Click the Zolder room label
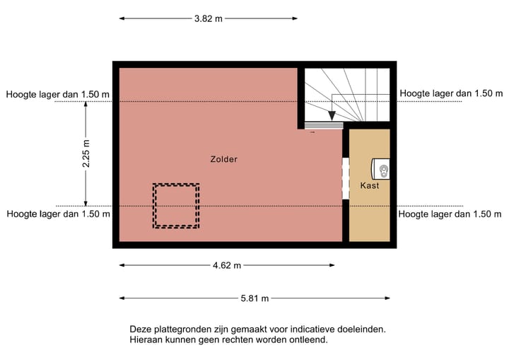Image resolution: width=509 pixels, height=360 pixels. tap(223, 159)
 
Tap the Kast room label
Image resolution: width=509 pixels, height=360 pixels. tap(369, 186)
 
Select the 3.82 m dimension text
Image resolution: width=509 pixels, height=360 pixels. tap(208, 19)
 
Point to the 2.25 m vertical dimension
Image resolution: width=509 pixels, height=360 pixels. tap(86, 153)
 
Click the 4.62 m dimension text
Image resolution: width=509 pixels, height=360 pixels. tap(227, 265)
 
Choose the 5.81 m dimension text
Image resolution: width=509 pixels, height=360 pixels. tap(255, 298)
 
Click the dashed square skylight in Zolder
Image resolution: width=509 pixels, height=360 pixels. tap(176, 205)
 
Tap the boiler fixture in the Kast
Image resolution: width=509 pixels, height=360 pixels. tap(382, 169)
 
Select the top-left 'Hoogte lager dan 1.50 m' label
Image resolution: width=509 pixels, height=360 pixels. tap(58, 94)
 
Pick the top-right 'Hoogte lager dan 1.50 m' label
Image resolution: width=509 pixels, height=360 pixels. tap(452, 93)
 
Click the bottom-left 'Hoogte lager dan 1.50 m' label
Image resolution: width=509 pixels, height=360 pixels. tap(58, 214)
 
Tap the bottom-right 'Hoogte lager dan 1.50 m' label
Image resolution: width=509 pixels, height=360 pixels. tap(452, 214)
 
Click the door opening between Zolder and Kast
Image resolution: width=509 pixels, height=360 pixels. tap(346, 178)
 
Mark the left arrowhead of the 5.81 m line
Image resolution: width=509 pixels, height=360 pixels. tap(122, 298)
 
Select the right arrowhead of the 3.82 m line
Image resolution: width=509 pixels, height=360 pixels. tap(295, 19)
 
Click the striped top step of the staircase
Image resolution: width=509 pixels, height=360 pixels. tap(323, 125)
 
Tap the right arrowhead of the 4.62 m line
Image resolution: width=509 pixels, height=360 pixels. tap(332, 265)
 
